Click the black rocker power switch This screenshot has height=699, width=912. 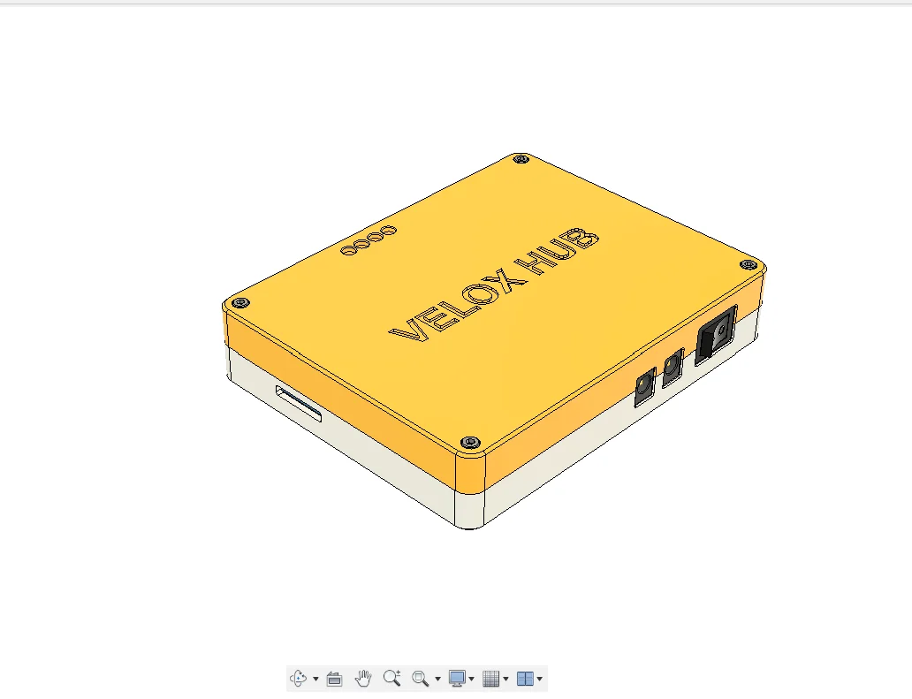pos(716,335)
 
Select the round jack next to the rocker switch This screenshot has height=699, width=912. pos(673,367)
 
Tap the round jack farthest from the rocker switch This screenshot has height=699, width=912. pos(645,387)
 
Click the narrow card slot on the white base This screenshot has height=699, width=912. pos(299,404)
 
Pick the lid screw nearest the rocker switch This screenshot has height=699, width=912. pos(749,264)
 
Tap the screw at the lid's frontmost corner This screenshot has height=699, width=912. pos(470,441)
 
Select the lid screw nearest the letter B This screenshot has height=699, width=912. pos(521,159)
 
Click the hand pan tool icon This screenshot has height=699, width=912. pos(363,679)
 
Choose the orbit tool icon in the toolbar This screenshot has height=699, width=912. pos(298,679)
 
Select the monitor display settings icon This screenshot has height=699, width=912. pos(457,679)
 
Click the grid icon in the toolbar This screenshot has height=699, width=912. pos(491,679)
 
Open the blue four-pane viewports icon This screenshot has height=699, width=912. pos(525,679)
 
